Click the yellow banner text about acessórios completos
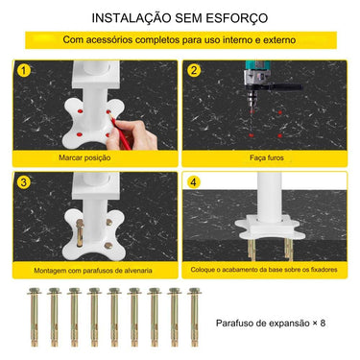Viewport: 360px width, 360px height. coord(180,41)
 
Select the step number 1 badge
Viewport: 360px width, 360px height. coord(24,70)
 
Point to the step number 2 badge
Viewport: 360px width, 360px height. coord(193,70)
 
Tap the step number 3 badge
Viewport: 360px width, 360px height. coord(24,181)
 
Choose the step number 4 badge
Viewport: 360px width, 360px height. coord(193,181)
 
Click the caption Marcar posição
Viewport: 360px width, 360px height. coord(95,156)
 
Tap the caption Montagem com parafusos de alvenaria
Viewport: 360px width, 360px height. coord(95,270)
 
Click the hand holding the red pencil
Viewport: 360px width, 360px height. coord(139,134)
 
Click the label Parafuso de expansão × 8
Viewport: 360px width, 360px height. coord(271,324)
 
